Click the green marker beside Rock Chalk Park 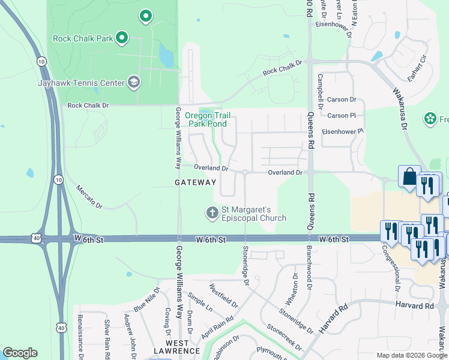122,38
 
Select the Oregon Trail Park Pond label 206,119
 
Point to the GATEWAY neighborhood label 195,182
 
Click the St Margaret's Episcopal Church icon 211,212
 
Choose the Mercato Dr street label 89,197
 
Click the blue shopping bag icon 409,177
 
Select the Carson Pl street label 342,115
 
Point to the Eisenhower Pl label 343,131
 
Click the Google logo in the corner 20,353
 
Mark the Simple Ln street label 200,302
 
